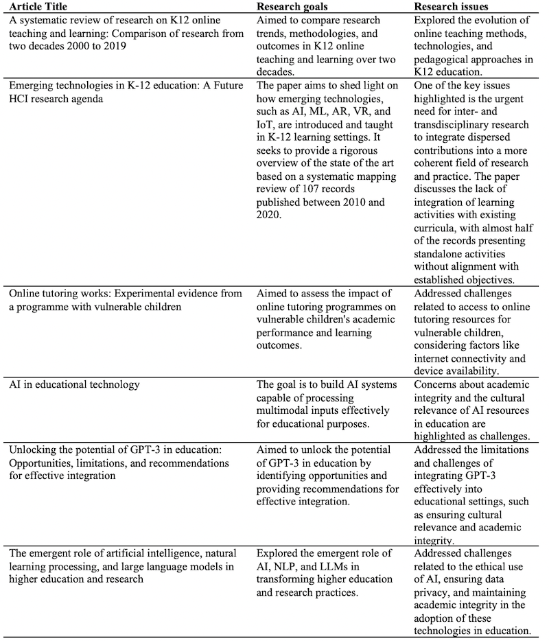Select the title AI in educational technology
pyautogui.click(x=74, y=384)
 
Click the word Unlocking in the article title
pyautogui.click(x=33, y=450)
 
